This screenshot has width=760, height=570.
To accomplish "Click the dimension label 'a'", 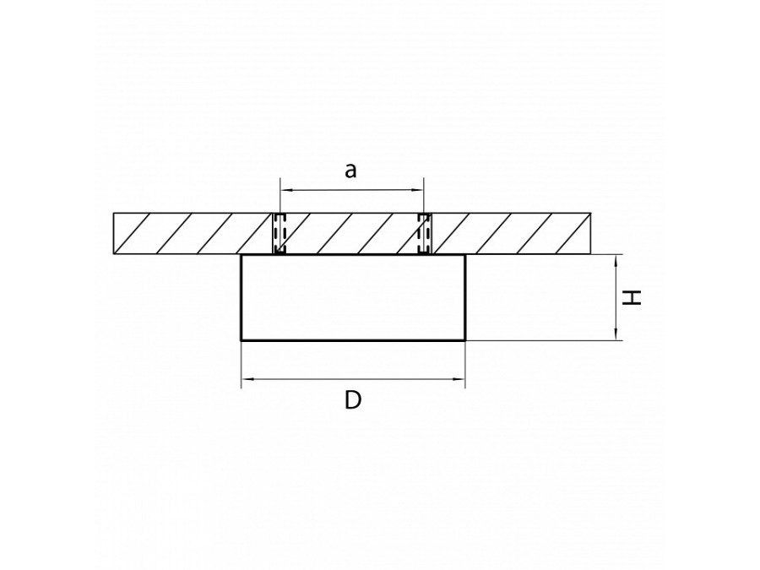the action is (x=351, y=171).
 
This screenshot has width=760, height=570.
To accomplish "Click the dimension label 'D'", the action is (x=353, y=400).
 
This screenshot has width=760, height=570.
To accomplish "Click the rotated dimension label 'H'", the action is (x=632, y=297).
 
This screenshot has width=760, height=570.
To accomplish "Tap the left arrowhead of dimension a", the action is (x=286, y=190).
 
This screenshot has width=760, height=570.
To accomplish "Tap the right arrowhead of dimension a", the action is (x=418, y=190).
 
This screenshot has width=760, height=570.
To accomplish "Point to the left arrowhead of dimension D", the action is (x=247, y=378).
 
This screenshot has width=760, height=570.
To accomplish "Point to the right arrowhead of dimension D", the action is (x=459, y=378).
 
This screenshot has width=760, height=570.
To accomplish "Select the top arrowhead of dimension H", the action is (x=616, y=261).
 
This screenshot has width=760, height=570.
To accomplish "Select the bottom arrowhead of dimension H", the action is (x=616, y=334).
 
